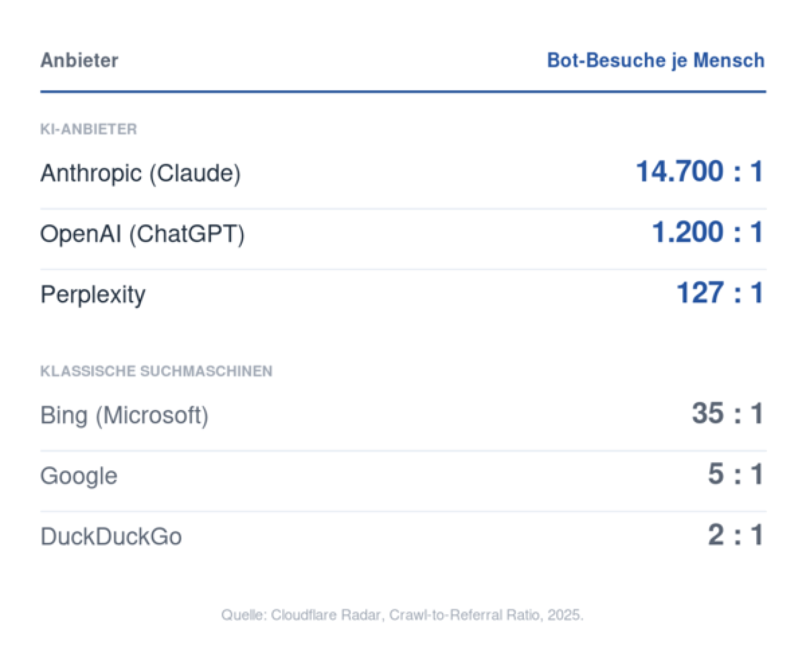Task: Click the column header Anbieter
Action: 79,60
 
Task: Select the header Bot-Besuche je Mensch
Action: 656,61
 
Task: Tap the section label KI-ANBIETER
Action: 88,129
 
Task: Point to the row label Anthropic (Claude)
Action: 140,173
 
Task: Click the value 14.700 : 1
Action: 700,171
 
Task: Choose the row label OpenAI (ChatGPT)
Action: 142,234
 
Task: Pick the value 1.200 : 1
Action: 708,232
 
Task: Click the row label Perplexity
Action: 93,295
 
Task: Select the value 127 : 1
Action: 720,292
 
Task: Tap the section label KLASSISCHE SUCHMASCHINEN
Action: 156,371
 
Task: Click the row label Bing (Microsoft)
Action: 124,416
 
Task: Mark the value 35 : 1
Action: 728,413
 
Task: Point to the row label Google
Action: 79,476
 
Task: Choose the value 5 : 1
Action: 735,474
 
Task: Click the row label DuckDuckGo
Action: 111,537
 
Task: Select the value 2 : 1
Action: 735,535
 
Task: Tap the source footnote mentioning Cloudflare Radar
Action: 402,615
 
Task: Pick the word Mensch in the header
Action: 729,60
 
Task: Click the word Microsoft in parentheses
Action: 152,416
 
